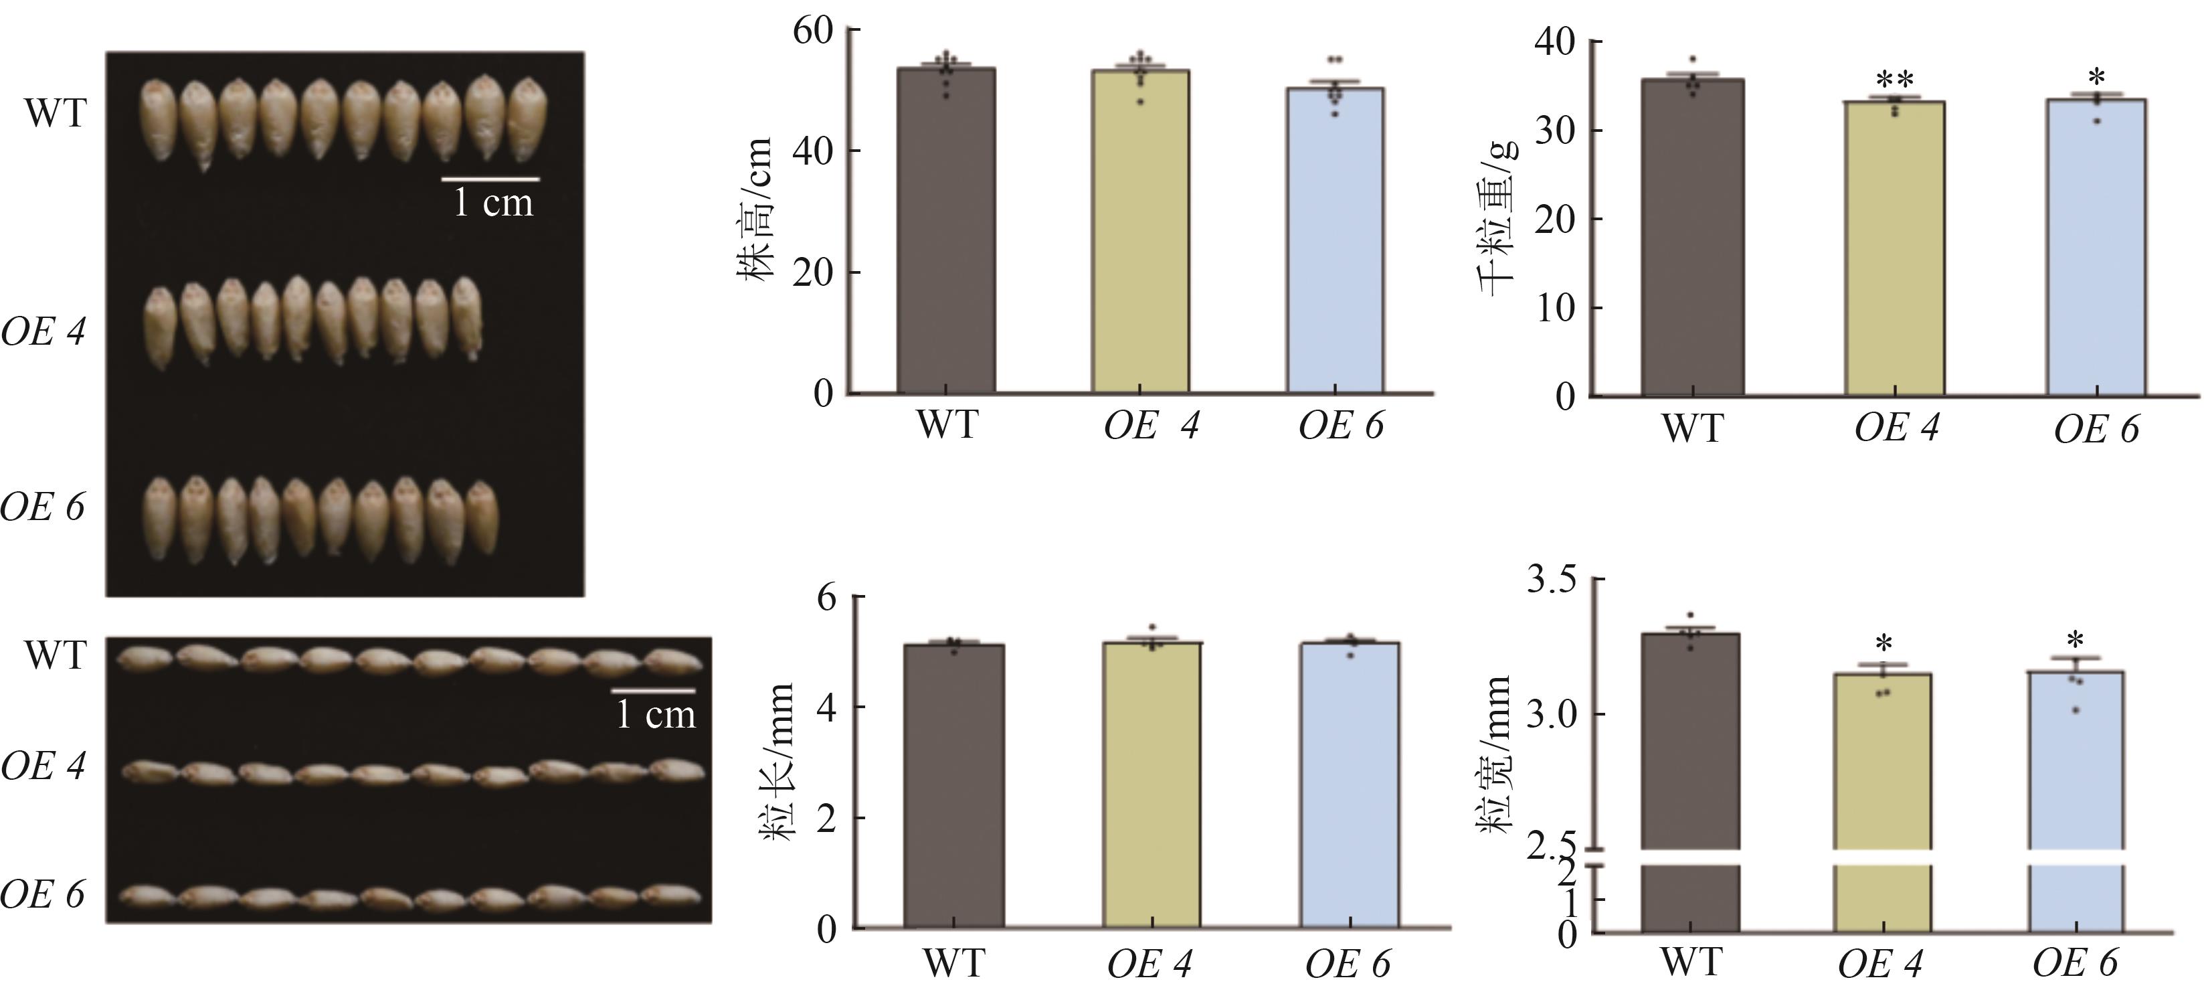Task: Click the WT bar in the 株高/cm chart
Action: [945, 231]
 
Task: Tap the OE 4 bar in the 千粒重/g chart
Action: [1894, 248]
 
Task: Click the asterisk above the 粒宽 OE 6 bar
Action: [2074, 640]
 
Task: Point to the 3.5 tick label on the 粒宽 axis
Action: [1551, 581]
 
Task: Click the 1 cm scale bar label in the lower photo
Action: [656, 714]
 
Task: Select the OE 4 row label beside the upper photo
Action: [43, 332]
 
